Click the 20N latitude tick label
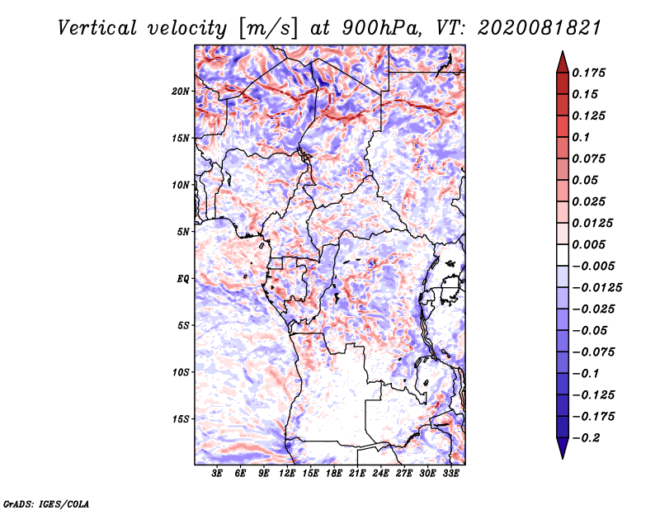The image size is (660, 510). [x=181, y=92]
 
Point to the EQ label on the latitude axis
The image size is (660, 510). [x=183, y=279]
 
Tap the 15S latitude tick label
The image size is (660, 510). [x=181, y=419]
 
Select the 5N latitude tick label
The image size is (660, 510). [x=183, y=232]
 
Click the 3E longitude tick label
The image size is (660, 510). [x=217, y=473]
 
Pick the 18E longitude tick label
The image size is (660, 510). [x=334, y=473]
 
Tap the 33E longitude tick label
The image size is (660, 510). [x=450, y=473]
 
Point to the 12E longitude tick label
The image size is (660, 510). [x=287, y=473]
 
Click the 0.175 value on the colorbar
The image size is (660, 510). [x=588, y=73]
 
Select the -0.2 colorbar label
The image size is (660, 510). [x=586, y=438]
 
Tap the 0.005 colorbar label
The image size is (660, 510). [x=588, y=244]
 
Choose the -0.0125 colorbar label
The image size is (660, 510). [x=596, y=288]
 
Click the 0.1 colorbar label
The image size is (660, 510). [x=581, y=137]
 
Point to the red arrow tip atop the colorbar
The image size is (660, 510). [x=563, y=51]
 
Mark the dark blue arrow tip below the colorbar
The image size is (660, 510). [x=563, y=458]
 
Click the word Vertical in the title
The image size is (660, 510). [x=97, y=28]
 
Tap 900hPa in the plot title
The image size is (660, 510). [x=381, y=28]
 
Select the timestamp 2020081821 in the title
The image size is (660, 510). [x=540, y=28]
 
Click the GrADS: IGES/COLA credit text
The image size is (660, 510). [x=46, y=504]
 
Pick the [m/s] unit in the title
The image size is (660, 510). [x=268, y=29]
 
